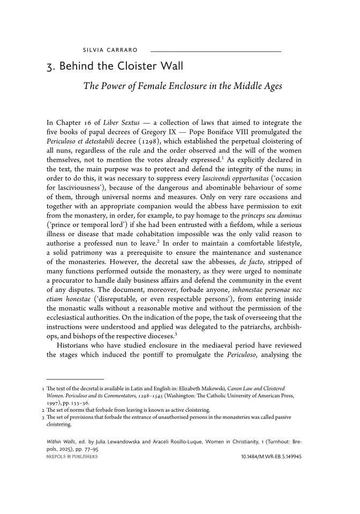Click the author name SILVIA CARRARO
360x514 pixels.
(110, 51)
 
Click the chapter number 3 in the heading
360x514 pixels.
(50, 68)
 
